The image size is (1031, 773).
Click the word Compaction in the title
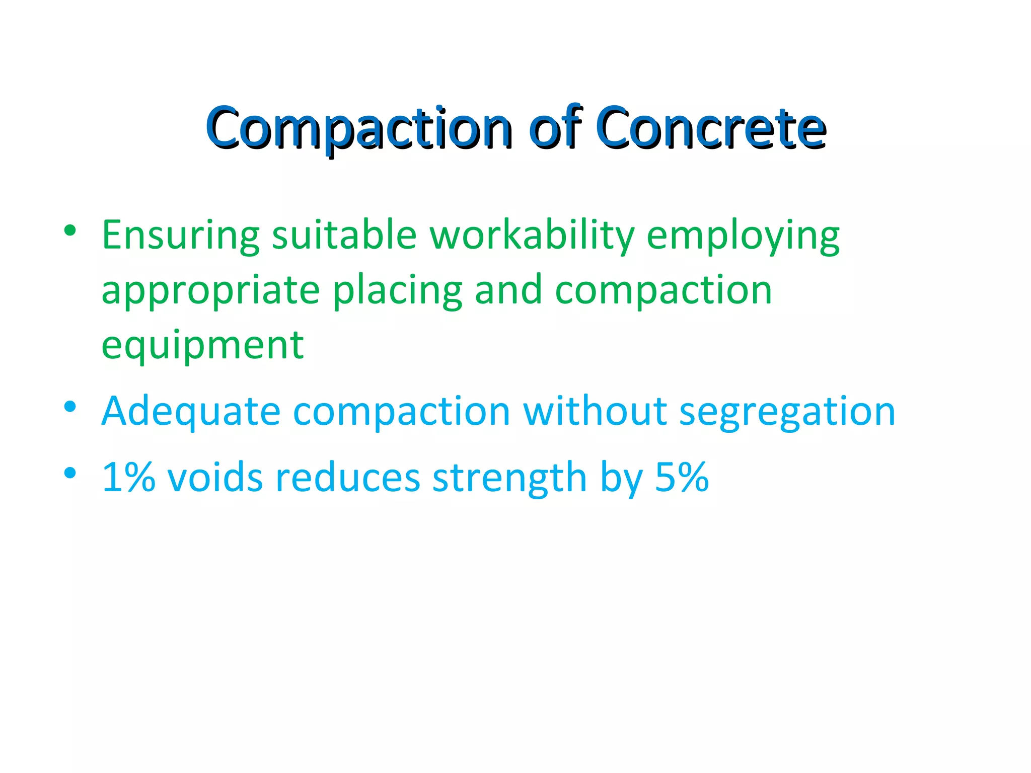point(359,128)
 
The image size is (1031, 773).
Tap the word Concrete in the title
point(711,128)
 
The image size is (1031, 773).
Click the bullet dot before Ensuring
point(70,231)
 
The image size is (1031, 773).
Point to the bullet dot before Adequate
point(70,406)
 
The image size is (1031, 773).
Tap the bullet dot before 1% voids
point(70,473)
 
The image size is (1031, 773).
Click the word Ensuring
point(181,236)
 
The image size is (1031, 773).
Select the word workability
point(531,236)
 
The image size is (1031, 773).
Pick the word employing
point(743,236)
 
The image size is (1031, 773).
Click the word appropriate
point(210,291)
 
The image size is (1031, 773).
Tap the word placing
point(397,291)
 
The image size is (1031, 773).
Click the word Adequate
point(191,412)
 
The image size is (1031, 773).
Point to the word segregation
point(787,412)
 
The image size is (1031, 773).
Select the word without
point(595,412)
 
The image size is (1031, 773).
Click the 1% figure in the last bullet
point(128,477)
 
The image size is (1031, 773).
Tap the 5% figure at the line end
point(682,477)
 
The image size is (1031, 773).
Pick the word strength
point(509,477)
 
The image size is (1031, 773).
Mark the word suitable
point(344,236)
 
